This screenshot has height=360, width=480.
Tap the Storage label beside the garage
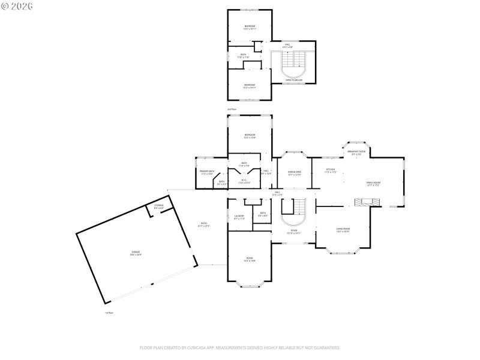[158, 206]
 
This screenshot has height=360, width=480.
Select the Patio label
[204, 225]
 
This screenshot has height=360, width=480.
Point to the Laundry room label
[239, 217]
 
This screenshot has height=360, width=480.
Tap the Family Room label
[373, 184]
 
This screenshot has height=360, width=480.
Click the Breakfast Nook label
[356, 152]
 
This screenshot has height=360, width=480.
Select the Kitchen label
[330, 170]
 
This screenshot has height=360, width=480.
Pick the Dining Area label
[294, 173]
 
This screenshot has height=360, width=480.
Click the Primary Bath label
[207, 172]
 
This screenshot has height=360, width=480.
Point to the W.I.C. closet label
[244, 181]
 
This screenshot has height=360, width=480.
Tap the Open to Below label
[294, 80]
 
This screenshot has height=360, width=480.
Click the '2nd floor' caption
[232, 109]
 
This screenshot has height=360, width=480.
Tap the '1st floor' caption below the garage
[109, 313]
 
